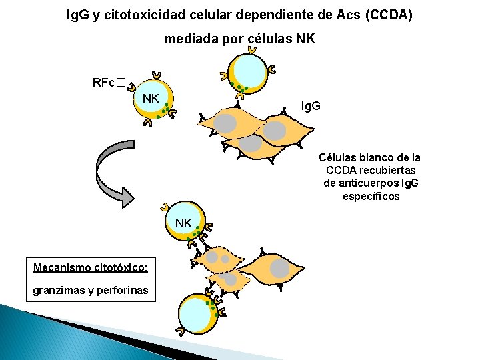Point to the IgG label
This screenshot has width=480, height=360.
311,106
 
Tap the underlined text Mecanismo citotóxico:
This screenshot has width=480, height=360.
91,267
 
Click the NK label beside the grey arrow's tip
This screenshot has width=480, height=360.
183,223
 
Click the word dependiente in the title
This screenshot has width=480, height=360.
241,14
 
